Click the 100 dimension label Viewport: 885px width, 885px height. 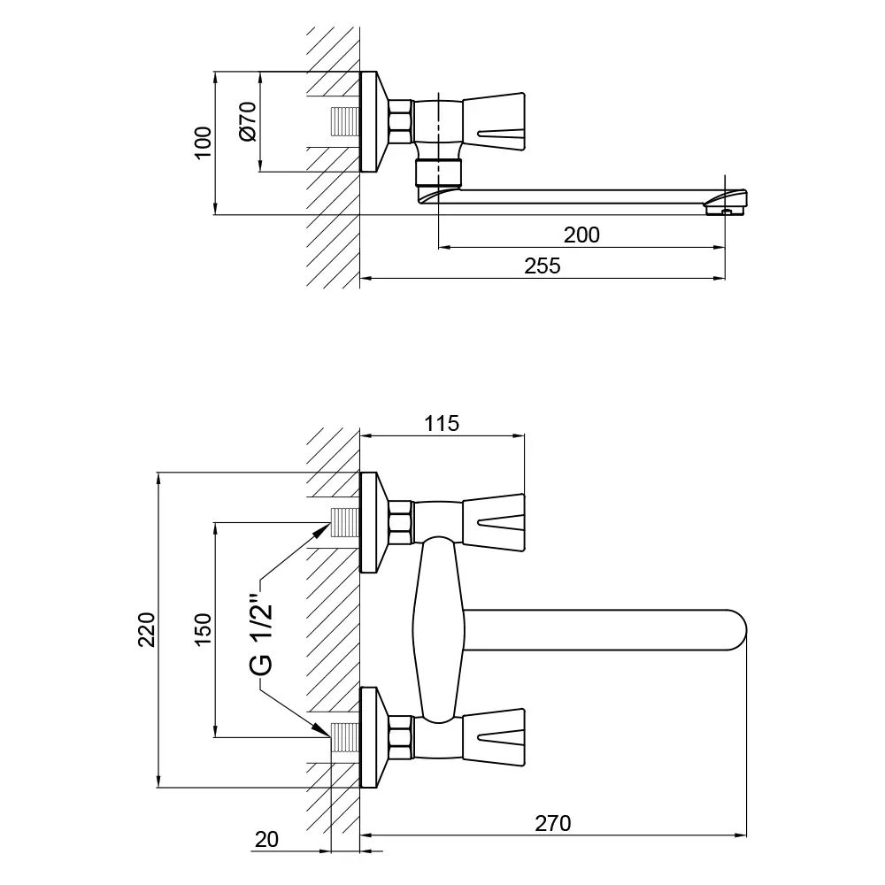click(x=204, y=142)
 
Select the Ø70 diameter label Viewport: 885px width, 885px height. click(x=248, y=121)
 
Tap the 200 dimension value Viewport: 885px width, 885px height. click(x=581, y=235)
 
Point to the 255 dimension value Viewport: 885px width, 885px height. click(x=543, y=265)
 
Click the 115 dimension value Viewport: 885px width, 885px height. click(x=442, y=423)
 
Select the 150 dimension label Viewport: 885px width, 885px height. click(x=204, y=629)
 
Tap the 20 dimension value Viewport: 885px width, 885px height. click(x=266, y=838)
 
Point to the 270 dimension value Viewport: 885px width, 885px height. click(x=553, y=823)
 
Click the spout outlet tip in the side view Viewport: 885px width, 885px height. click(x=727, y=207)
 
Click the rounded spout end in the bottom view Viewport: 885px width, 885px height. click(x=736, y=630)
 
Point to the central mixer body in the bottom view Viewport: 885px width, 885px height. click(x=440, y=628)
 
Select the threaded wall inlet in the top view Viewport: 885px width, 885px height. click(x=344, y=121)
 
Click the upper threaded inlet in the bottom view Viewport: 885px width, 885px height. click(x=344, y=524)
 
